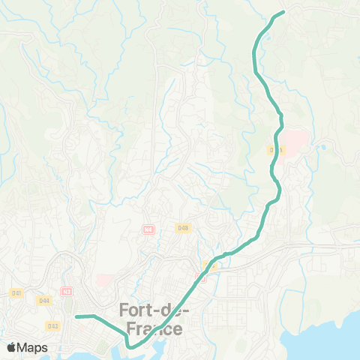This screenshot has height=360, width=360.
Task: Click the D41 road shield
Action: [x=16, y=292]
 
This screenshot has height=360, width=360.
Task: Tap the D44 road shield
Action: [x=44, y=301]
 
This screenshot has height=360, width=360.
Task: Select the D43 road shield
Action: [x=52, y=325]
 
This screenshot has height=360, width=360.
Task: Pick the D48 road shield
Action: [x=183, y=227]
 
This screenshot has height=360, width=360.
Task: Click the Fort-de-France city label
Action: [x=154, y=319]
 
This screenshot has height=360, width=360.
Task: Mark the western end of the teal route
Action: [x=76, y=316]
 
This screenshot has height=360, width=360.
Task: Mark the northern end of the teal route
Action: [x=283, y=12]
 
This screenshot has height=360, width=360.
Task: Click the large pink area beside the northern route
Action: [x=294, y=141]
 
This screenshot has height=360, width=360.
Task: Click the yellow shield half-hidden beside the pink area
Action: [x=274, y=150]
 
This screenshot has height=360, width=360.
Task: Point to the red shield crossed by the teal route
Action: [x=200, y=277]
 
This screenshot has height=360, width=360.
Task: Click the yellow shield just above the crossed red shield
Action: [x=209, y=264]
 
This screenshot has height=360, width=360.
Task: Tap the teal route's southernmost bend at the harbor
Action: [x=130, y=346]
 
